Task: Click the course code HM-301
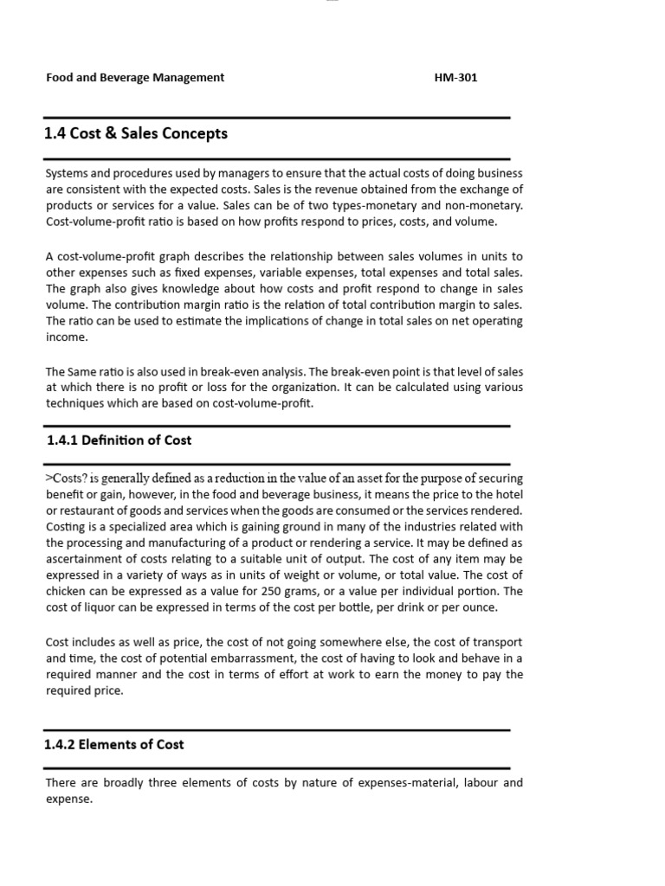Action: point(455,78)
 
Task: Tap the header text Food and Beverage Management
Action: point(134,78)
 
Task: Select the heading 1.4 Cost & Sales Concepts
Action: point(135,134)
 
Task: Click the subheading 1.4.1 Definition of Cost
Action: point(119,440)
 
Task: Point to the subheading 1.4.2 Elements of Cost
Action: point(114,744)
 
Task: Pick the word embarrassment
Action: point(253,658)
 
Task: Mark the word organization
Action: point(312,388)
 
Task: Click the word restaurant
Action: point(92,510)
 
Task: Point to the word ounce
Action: point(480,607)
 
